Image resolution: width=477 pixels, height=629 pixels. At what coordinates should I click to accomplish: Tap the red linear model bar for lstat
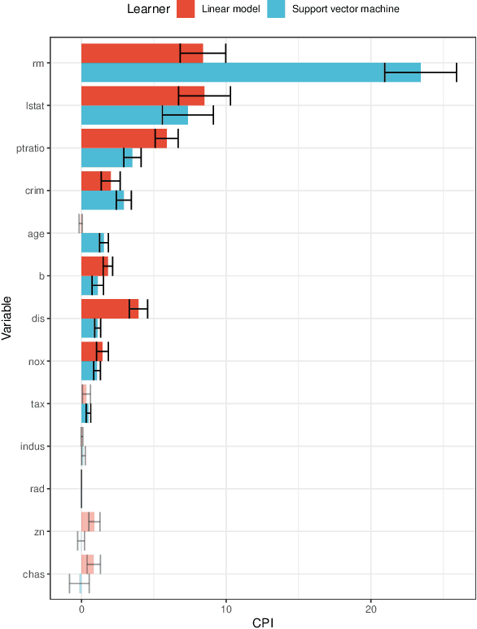coord(142,96)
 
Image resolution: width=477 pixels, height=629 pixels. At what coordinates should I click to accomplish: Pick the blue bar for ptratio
coord(106,158)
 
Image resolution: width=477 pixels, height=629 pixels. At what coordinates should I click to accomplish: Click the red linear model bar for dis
coord(109,309)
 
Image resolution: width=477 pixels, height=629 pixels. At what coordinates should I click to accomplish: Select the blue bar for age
coord(92,243)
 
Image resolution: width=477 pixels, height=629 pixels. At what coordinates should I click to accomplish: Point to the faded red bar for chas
coord(88,564)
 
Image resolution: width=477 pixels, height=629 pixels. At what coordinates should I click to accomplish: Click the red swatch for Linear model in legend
coord(186,9)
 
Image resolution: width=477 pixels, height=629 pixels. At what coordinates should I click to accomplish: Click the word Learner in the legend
coord(149,9)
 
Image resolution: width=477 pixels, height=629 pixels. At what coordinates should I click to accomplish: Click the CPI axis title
coord(262,622)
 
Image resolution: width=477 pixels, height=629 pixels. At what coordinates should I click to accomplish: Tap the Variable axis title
coord(7,319)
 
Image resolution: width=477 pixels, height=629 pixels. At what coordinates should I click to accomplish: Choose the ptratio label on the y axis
coord(30,148)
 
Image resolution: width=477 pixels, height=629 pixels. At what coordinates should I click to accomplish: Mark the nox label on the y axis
coord(36,361)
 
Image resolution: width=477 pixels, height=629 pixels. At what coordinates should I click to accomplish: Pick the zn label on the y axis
coord(38,531)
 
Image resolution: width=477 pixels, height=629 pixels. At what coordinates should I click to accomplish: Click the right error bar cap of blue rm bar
coord(457,73)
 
